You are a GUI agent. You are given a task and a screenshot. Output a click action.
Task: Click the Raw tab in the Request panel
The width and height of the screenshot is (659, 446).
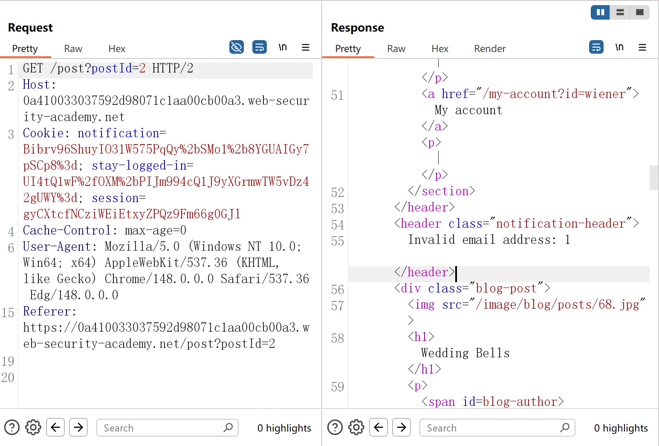(x=73, y=49)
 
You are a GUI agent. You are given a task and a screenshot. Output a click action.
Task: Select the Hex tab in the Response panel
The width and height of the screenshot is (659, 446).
(x=440, y=49)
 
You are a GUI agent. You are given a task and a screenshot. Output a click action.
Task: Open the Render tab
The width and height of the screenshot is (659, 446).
(x=490, y=49)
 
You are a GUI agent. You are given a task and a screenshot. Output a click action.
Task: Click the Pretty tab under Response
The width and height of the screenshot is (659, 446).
(x=348, y=49)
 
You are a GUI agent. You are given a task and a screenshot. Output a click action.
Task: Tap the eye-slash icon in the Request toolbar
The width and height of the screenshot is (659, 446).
(x=237, y=47)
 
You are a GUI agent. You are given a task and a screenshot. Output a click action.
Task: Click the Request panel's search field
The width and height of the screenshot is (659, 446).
(x=167, y=428)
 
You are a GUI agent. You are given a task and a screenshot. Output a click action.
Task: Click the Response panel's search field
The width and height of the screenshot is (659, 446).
(x=497, y=428)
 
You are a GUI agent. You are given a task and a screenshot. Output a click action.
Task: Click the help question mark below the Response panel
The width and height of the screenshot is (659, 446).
(x=335, y=428)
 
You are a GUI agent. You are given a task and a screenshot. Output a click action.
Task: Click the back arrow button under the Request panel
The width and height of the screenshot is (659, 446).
(x=55, y=427)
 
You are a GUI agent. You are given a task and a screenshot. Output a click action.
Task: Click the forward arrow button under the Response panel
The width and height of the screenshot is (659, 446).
(x=402, y=427)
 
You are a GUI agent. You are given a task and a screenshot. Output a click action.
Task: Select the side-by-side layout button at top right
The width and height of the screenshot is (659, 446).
(x=600, y=12)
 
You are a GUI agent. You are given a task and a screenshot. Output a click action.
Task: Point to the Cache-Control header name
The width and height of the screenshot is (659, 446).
(x=67, y=230)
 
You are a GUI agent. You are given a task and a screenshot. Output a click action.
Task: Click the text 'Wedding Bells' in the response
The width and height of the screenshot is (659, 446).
(x=465, y=353)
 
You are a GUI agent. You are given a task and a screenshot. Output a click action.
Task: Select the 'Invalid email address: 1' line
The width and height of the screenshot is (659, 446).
(x=489, y=240)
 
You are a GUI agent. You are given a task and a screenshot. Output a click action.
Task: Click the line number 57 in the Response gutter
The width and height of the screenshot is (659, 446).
(x=338, y=306)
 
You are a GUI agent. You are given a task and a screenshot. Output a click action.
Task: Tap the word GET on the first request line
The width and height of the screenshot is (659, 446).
(x=33, y=68)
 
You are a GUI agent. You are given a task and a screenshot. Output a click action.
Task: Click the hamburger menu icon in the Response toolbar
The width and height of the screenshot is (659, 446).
(x=642, y=47)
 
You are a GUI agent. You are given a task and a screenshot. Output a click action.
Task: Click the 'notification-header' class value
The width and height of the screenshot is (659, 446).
(x=561, y=223)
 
